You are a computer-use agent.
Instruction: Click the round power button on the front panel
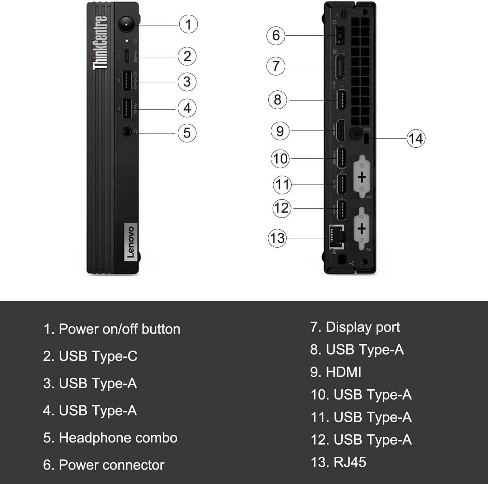click(x=126, y=24)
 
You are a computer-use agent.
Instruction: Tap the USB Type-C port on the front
click(x=127, y=56)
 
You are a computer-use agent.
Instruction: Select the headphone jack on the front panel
click(x=127, y=132)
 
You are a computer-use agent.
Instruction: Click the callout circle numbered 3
click(x=187, y=82)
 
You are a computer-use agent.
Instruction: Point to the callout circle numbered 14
click(x=416, y=139)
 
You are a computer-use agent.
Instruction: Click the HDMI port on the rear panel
click(x=340, y=131)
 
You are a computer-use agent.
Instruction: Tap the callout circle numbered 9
click(x=280, y=131)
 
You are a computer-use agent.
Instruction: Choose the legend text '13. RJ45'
click(x=338, y=462)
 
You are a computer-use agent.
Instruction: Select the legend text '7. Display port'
click(x=355, y=327)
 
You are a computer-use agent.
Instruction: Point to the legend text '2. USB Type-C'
click(x=90, y=356)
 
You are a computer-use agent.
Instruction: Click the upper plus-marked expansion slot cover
click(x=361, y=177)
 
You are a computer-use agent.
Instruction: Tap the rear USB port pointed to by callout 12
click(x=341, y=210)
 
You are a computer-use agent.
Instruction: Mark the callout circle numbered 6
click(x=276, y=35)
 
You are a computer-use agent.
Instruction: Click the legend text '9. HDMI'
click(x=335, y=372)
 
